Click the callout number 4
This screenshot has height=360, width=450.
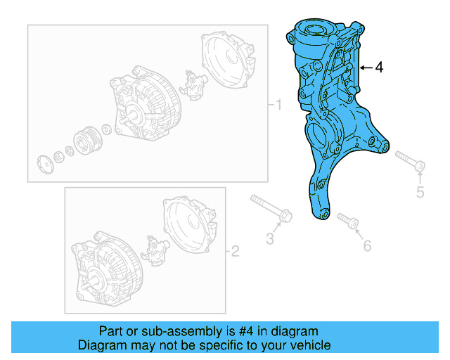379,67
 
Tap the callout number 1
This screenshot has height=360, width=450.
278,106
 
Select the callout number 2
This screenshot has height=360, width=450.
236,251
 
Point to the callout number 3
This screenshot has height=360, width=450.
269,239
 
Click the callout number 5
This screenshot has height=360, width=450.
420,192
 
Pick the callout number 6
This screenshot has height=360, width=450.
366,245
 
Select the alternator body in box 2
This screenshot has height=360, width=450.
105,260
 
